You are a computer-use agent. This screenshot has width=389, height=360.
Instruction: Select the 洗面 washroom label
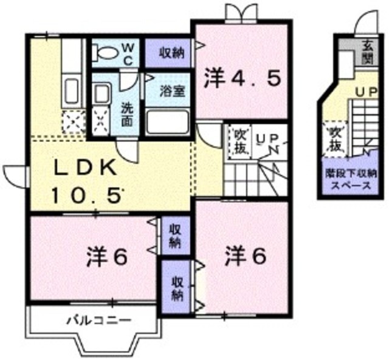127,114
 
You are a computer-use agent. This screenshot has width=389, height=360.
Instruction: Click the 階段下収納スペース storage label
348,180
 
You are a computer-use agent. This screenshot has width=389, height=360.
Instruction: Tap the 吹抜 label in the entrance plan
333,139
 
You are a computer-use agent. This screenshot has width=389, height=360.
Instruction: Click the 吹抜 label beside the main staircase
238,141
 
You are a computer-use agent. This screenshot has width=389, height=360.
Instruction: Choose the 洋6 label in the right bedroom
246,256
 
